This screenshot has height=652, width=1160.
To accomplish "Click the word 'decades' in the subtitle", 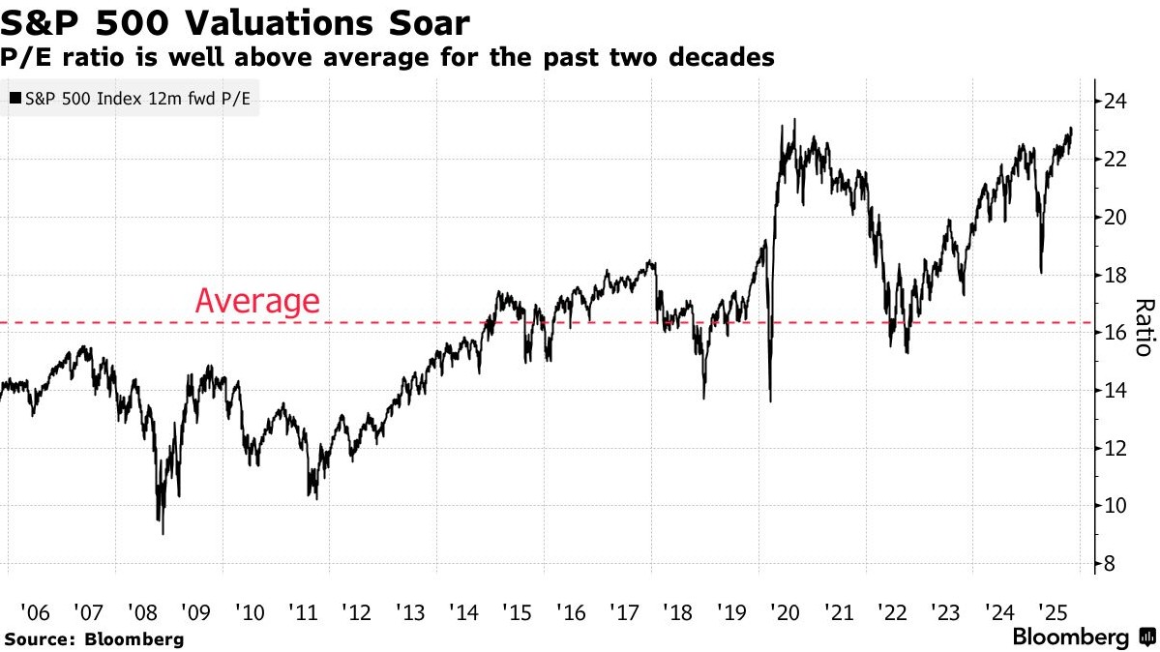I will point(718,57).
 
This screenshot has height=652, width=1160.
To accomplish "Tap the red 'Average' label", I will point(256,301).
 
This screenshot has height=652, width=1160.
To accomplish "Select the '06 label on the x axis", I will point(35,612).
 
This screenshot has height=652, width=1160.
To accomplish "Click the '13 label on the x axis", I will point(409,612).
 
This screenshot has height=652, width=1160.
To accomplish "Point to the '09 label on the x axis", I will point(196,612).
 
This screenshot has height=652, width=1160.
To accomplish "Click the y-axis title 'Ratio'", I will point(1144,327).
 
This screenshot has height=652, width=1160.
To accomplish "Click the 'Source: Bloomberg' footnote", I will point(94,639).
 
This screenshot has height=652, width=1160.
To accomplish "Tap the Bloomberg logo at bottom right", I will point(1082,637).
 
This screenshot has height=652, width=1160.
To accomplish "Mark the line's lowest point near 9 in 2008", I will point(163,533).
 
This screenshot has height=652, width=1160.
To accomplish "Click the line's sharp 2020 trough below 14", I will point(770,400).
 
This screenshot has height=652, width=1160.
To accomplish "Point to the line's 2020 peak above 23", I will point(794,120).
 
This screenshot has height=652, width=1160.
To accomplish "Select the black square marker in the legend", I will point(15,99).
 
